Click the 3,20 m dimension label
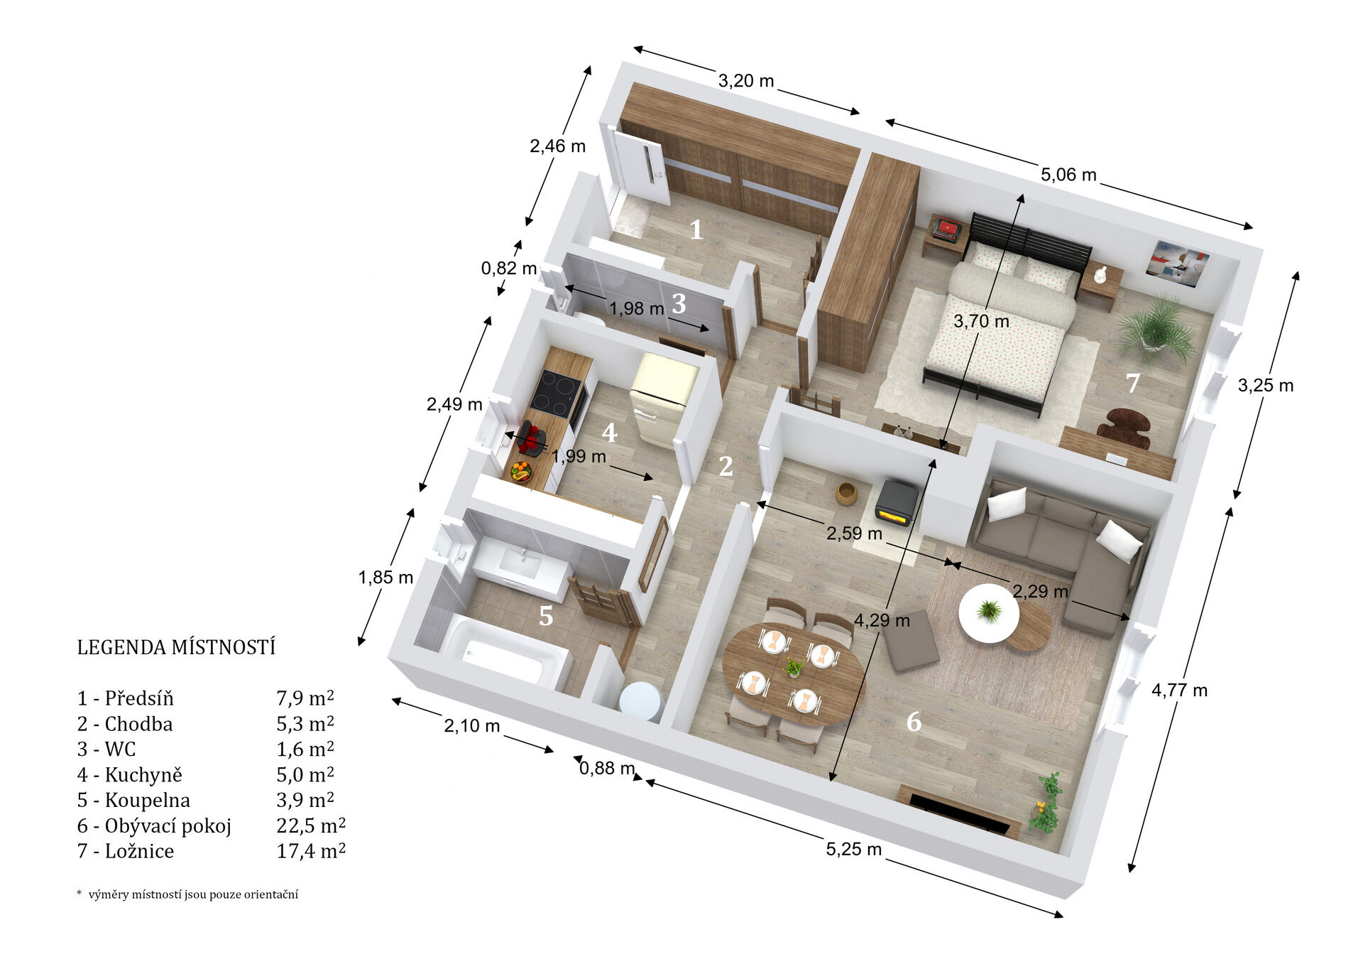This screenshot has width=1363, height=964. [745, 81]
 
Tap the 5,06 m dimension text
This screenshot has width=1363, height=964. [1068, 174]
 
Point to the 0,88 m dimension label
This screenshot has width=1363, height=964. [607, 768]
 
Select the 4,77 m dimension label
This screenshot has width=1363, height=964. [1179, 690]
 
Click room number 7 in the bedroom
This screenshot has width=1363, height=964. [1133, 383]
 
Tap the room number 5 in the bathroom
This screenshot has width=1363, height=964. [545, 616]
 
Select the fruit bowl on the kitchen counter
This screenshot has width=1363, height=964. [521, 472]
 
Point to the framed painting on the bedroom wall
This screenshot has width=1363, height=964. [1177, 263]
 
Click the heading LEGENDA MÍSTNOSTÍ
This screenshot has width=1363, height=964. [176, 647]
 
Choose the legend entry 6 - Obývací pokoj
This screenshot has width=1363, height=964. [154, 825]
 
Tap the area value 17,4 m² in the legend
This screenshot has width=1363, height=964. [311, 850]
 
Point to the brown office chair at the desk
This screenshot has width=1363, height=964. [1123, 428]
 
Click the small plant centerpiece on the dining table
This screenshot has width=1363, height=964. [794, 667]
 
